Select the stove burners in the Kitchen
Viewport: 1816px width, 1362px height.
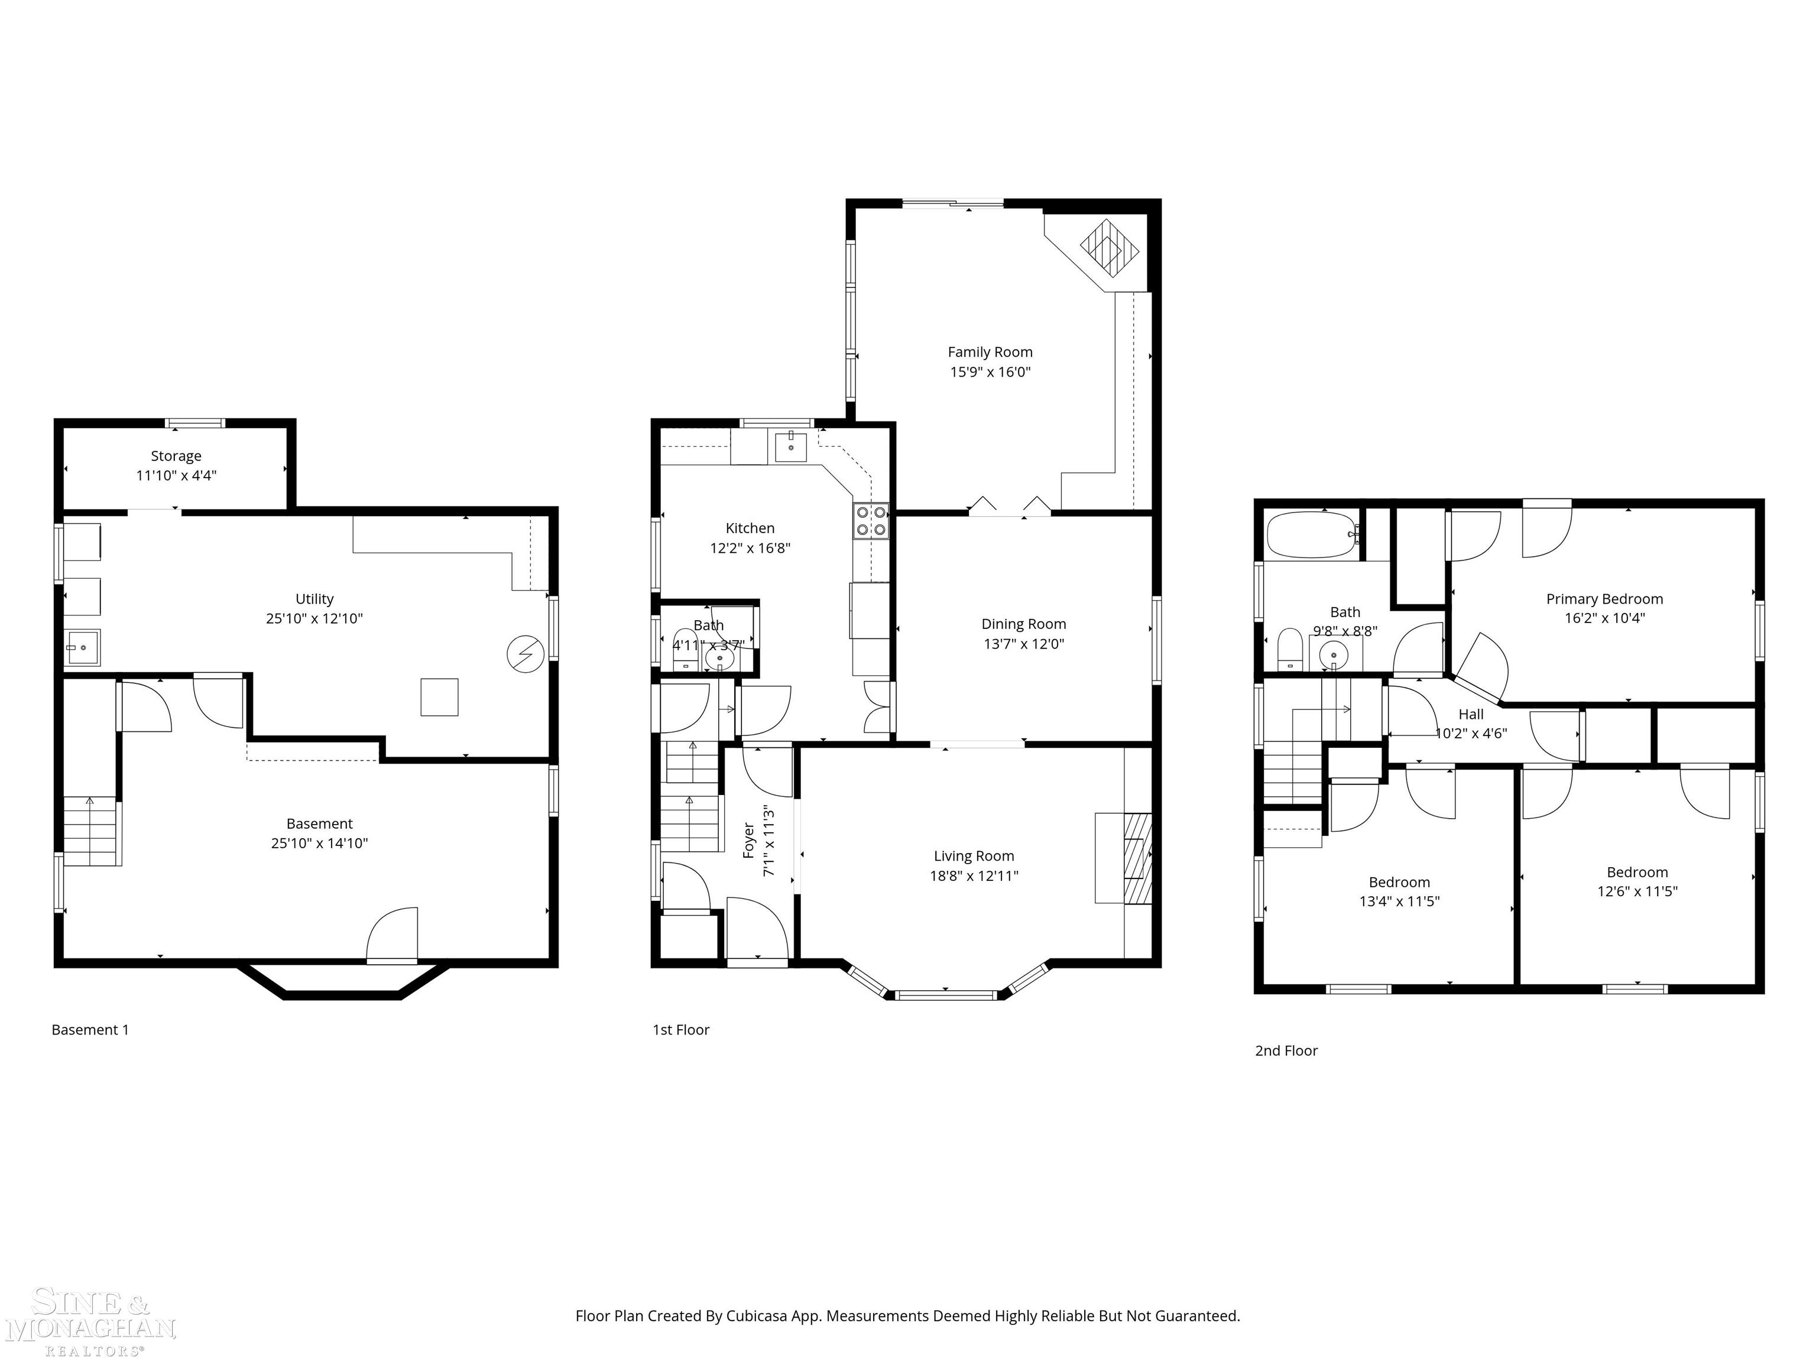pyautogui.click(x=871, y=520)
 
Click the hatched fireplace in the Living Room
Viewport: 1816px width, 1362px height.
pyautogui.click(x=1137, y=859)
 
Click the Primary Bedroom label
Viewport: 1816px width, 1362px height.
pyautogui.click(x=1604, y=599)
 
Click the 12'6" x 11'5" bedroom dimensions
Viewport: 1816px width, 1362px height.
pyautogui.click(x=1636, y=891)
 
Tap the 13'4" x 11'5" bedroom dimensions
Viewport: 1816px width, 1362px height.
pyautogui.click(x=1399, y=901)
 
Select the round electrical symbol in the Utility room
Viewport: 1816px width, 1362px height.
pyautogui.click(x=524, y=653)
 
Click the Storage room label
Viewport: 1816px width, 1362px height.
pyautogui.click(x=176, y=456)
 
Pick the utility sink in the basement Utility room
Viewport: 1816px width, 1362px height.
pyautogui.click(x=82, y=648)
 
